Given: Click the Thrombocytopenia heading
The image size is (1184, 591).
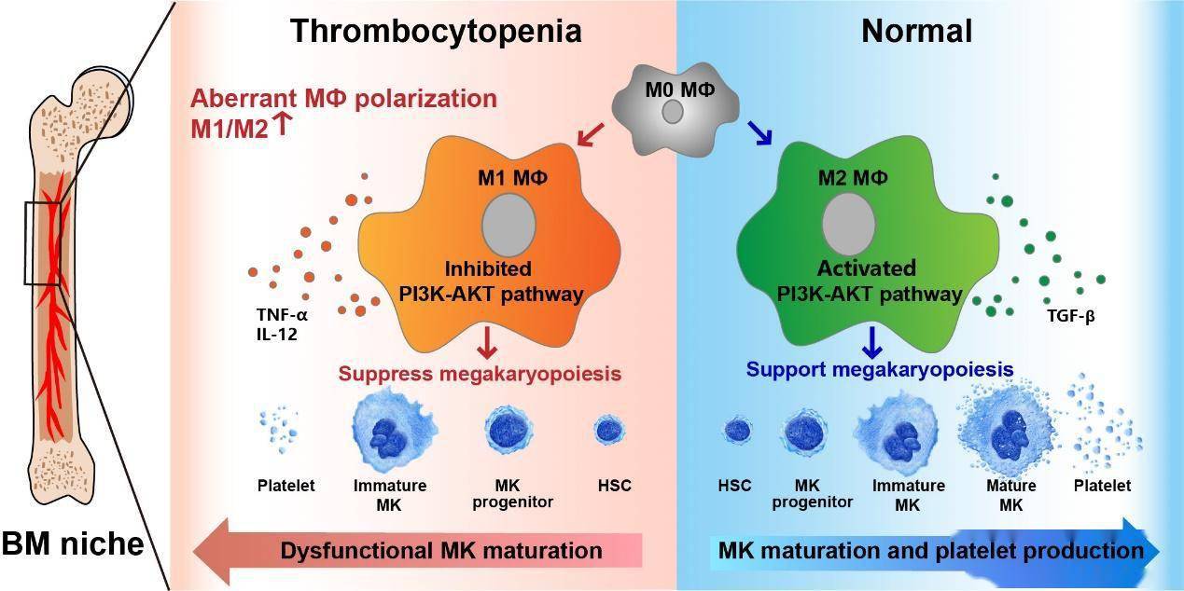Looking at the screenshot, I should (435, 31).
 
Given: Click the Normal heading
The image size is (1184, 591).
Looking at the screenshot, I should (916, 31).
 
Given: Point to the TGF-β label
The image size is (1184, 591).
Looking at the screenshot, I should (1070, 316).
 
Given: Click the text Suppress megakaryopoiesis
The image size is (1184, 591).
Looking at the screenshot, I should (480, 373).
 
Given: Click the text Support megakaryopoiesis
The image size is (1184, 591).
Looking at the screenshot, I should (880, 369).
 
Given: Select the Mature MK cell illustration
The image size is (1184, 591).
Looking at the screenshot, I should (1005, 433).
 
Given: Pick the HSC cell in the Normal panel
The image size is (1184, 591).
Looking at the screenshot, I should (737, 431).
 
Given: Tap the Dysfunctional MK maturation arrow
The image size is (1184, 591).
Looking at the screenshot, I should (420, 550).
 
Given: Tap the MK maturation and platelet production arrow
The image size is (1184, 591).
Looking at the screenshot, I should (933, 550).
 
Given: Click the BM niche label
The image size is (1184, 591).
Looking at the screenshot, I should (73, 543).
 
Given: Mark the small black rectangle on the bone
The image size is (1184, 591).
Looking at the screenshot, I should (42, 243).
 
